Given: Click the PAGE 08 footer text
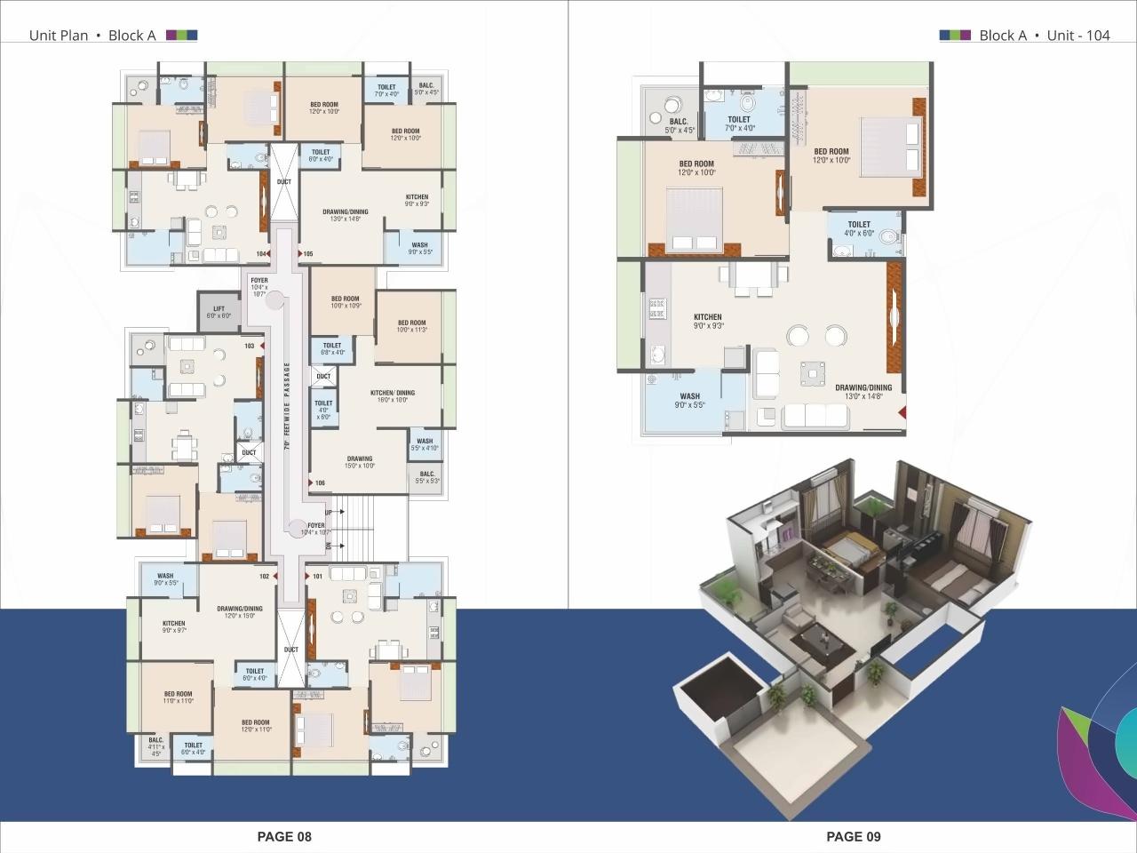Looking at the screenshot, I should [284, 836].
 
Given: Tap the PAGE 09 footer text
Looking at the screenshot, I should [853, 836].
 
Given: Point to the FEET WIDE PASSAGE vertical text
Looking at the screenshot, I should [287, 404].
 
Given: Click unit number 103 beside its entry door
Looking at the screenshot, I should [250, 346].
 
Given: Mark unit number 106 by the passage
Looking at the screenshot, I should [320, 483].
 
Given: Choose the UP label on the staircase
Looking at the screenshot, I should [329, 513].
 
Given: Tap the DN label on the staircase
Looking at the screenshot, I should [329, 545].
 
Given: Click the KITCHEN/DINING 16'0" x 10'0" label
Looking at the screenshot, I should [392, 396].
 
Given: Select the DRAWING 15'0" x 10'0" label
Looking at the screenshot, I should [360, 462].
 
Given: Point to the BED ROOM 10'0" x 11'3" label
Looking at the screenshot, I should [411, 326].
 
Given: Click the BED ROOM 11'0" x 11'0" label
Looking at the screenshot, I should [178, 698].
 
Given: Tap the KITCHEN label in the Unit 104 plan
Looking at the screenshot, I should [708, 321].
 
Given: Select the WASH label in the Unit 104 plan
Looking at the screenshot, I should [690, 401].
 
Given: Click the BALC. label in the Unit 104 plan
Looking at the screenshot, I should [680, 126].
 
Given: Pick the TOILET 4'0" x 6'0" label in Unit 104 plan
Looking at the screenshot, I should [859, 228].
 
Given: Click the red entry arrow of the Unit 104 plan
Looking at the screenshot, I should [901, 412].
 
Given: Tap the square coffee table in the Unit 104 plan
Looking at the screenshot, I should [812, 373].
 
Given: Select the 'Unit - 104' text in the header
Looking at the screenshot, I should [1078, 36].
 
